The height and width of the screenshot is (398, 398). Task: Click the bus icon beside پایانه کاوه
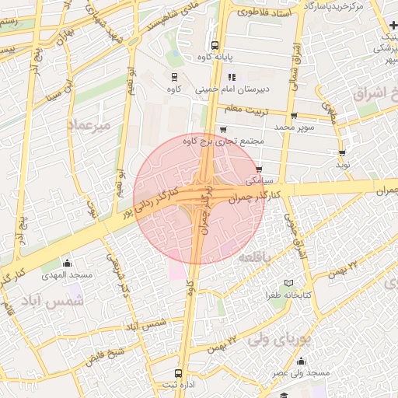(x=215, y=44)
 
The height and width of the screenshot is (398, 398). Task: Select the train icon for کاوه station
(x=173, y=77)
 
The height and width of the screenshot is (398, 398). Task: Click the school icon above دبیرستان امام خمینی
(x=232, y=77)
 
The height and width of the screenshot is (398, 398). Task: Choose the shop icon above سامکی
(x=259, y=168)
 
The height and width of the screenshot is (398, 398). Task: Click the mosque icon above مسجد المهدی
(x=68, y=263)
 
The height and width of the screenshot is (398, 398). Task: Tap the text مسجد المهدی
(x=68, y=275)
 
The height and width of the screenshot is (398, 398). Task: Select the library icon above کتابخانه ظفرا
(x=289, y=283)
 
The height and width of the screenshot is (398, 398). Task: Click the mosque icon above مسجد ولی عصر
(x=301, y=361)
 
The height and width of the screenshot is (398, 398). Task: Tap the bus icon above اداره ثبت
(x=180, y=373)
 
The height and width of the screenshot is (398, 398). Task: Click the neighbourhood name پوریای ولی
(x=280, y=339)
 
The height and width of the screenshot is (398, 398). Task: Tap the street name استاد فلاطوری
(x=264, y=13)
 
